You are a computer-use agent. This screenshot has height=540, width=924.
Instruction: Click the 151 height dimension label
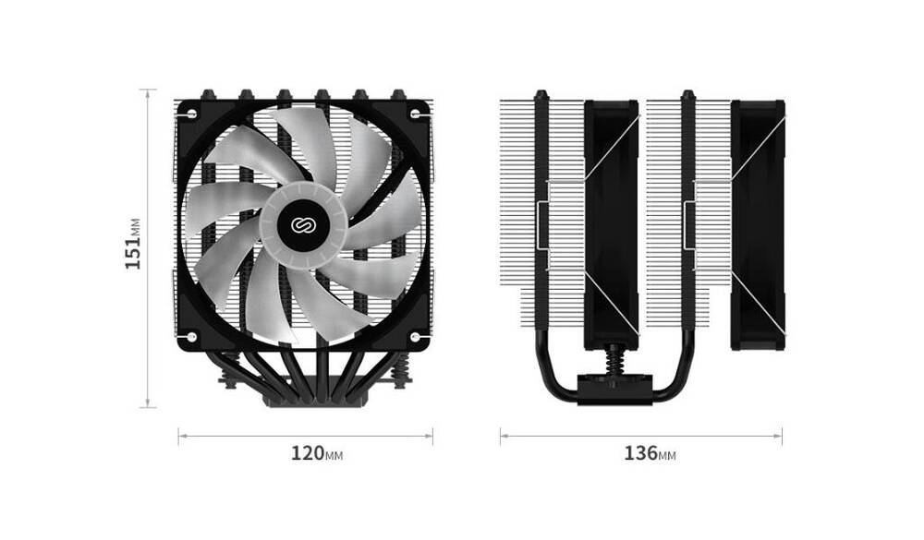(x=133, y=244)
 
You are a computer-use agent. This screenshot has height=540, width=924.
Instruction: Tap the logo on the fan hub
(x=303, y=225)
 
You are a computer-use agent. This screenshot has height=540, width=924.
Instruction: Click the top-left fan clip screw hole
(x=192, y=113)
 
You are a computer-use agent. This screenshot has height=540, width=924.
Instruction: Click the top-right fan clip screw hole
(x=415, y=113)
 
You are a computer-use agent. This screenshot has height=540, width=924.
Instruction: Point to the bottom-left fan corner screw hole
(x=192, y=337)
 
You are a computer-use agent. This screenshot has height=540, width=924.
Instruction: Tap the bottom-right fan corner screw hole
(x=415, y=337)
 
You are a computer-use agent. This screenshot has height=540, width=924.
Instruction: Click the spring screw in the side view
(x=614, y=359)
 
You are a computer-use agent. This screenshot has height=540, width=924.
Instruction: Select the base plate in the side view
(x=614, y=389)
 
